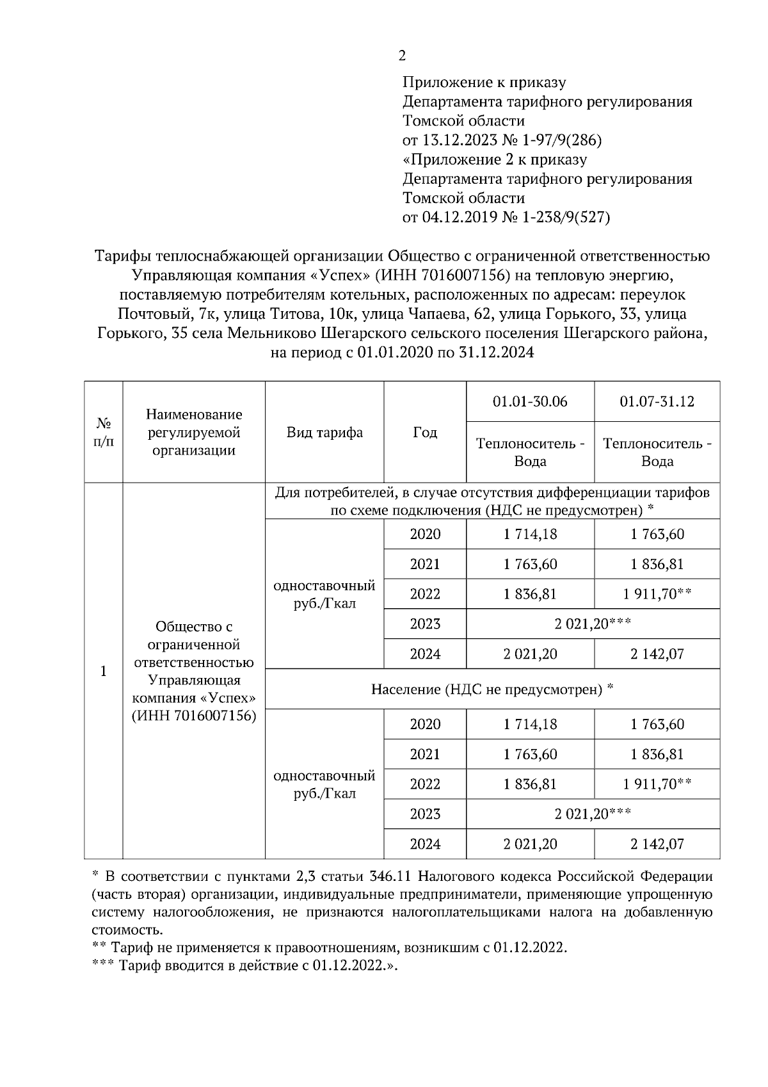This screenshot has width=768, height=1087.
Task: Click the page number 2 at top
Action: tap(401, 56)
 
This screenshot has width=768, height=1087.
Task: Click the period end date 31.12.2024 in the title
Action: tap(496, 353)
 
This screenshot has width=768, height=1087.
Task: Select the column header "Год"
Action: tap(425, 433)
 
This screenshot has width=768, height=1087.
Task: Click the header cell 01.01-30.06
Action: tap(530, 402)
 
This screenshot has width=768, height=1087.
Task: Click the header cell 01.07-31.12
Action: tap(657, 402)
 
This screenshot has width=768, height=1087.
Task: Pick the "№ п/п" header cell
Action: tap(104, 433)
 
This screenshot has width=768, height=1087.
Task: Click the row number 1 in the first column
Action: tap(104, 672)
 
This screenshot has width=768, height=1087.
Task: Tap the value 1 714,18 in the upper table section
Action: tap(530, 535)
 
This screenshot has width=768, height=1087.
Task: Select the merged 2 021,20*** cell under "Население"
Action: tap(593, 814)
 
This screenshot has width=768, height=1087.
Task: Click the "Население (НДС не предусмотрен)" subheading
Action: tap(492, 689)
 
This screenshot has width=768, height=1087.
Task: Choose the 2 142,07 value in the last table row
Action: tap(657, 844)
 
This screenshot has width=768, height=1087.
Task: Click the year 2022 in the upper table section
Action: tap(425, 594)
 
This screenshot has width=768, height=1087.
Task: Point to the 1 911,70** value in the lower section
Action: tap(657, 784)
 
